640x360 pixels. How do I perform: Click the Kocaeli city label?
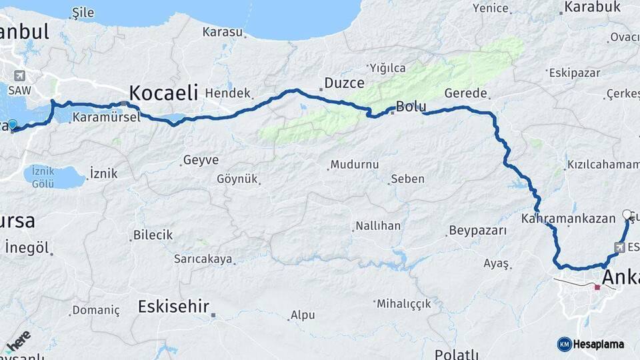pos(163,92)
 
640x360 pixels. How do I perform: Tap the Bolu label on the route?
pos(411,106)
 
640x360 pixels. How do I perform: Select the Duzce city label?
pos(345,83)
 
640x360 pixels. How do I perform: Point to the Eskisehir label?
pos(173,307)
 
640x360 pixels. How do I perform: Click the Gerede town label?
pos(465,93)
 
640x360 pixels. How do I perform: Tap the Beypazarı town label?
pos(478,231)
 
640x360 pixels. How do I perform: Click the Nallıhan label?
pos(378,226)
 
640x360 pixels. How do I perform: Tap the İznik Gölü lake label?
pos(43,178)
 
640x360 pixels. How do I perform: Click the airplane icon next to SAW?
pos(18,75)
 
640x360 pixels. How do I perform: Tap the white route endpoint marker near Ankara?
pos(627,214)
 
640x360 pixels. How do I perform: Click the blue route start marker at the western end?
pos(12,124)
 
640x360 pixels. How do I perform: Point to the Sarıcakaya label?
pos(203,259)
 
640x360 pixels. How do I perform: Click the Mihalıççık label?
pos(404,303)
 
